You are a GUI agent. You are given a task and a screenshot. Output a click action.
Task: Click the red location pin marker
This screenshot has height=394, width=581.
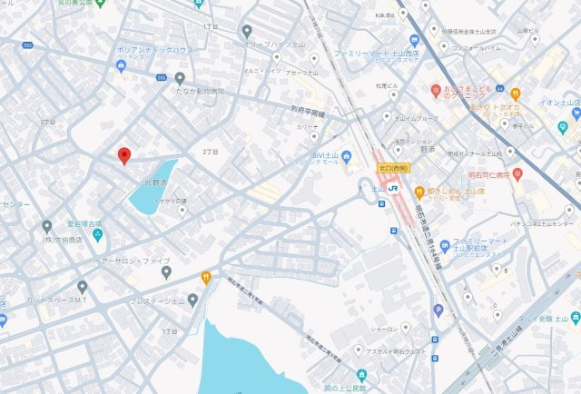click(124, 155)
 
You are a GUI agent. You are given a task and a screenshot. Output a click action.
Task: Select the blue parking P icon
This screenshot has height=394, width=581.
click(438, 310)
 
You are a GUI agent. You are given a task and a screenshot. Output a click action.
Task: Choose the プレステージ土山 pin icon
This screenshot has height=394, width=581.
click(192, 300)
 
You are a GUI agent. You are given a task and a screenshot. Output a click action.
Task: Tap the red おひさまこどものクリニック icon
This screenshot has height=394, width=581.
click(436, 91)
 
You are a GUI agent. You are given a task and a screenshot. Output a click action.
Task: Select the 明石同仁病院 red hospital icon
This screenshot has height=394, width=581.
click(517, 173)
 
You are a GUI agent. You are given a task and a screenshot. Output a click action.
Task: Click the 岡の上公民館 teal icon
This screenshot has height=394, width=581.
click(361, 375)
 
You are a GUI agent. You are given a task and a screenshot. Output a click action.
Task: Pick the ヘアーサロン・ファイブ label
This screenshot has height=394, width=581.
click(137, 261)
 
